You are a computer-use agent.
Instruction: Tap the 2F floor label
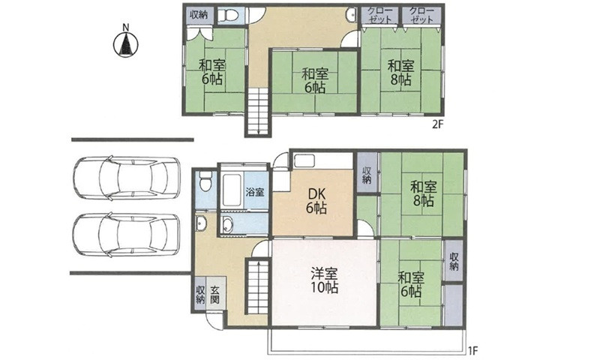point(437,124)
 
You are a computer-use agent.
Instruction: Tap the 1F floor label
point(472,349)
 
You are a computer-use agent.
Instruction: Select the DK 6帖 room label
point(316,201)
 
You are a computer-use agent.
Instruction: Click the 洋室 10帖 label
point(324,280)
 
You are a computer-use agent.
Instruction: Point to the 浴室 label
point(255,191)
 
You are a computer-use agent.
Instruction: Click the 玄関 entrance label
point(214,295)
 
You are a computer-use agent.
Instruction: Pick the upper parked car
point(126,178)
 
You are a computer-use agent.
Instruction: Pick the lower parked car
point(126,235)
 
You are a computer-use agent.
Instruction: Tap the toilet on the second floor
point(229,15)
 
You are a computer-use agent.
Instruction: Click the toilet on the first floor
point(205,181)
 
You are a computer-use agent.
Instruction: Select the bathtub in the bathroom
point(232,190)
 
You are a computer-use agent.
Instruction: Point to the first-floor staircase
point(258,286)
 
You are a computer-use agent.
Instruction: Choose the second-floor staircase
point(258,111)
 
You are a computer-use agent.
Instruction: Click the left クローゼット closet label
point(380,15)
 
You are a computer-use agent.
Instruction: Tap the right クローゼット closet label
point(421,15)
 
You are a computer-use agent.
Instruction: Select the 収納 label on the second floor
point(199,15)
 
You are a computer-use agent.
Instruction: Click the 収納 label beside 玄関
point(200,295)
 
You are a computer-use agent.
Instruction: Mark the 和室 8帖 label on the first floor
point(423,194)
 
